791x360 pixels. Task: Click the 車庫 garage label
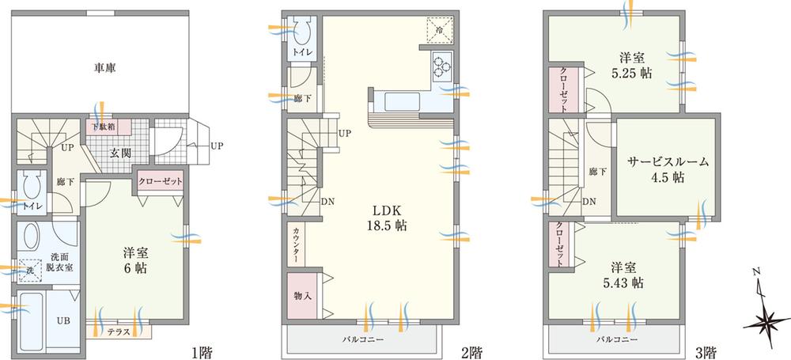(x=100, y=70)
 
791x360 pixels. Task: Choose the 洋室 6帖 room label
(x=133, y=261)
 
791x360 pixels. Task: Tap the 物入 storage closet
(x=302, y=297)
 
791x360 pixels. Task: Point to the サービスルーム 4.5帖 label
(x=668, y=169)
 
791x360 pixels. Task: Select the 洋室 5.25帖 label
(x=635, y=64)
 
